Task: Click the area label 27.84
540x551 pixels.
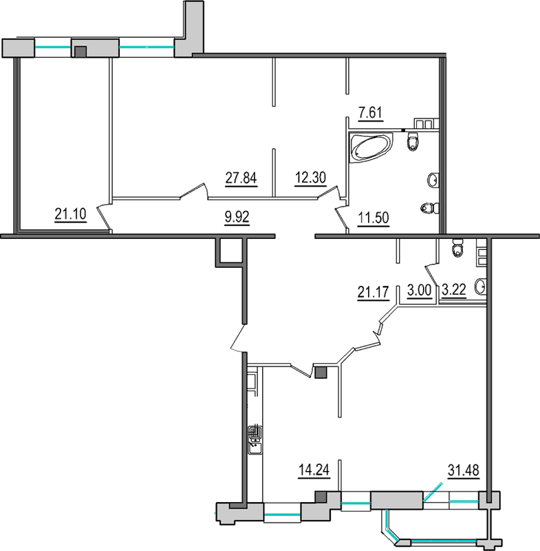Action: click(x=241, y=178)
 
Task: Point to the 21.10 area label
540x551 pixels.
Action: click(x=69, y=214)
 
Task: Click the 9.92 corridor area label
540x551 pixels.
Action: click(x=237, y=218)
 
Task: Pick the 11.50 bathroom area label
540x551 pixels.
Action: click(x=374, y=219)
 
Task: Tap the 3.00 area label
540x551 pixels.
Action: click(x=419, y=291)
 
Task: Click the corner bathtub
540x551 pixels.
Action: click(x=370, y=147)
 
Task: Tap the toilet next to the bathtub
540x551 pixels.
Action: click(x=412, y=143)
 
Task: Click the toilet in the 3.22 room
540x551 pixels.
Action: click(x=457, y=249)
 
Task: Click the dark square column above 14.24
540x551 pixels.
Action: click(x=320, y=373)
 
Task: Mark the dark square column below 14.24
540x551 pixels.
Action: click(x=320, y=497)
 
